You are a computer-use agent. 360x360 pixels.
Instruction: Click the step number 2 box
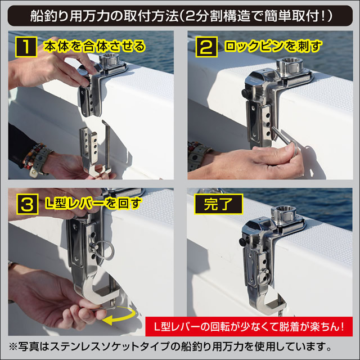[x=204, y=47]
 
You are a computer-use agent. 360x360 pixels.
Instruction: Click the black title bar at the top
[x=180, y=15]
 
